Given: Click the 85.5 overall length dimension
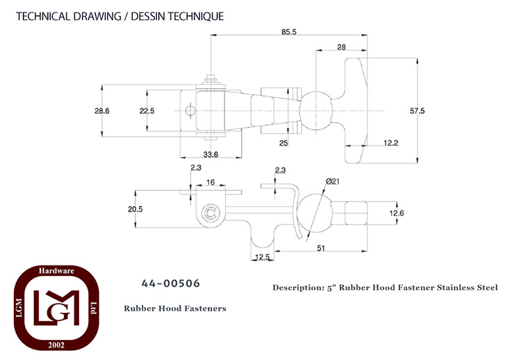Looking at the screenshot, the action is coord(289,32).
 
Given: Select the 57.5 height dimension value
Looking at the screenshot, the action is coord(417,111).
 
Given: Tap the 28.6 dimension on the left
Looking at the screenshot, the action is coord(101,111).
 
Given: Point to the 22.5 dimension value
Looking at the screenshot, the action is coord(147,111).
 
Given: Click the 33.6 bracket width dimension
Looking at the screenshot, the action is coord(210,154).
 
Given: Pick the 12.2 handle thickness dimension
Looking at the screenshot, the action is coord(390,143).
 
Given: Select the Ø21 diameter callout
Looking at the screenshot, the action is coord(333,181).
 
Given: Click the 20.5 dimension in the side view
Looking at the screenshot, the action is coord(135,209).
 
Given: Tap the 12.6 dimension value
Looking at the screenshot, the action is coord(397,213).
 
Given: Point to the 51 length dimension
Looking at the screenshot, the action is coord(321,248).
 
